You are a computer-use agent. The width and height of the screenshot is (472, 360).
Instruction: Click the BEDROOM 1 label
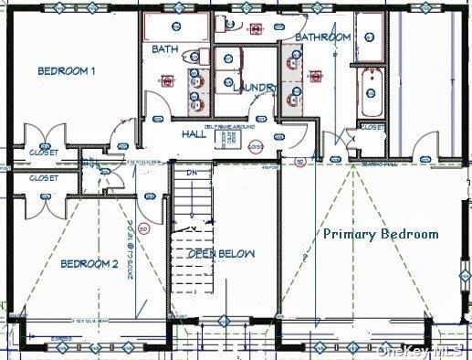click(68, 71)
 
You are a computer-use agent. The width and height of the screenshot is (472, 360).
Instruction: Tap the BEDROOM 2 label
click(89, 265)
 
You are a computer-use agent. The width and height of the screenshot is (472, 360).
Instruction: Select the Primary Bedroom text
click(381, 234)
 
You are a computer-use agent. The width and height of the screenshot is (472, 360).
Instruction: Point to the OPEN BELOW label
click(222, 253)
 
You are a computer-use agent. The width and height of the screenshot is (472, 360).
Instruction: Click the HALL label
click(194, 134)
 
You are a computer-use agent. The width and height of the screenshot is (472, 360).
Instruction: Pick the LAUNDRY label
click(255, 88)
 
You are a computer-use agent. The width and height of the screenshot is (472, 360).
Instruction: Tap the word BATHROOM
click(323, 37)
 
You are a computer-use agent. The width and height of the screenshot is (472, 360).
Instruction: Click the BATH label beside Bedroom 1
click(165, 48)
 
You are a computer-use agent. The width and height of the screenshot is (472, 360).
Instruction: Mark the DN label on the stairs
click(192, 173)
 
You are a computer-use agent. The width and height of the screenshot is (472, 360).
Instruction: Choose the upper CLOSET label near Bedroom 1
click(43, 152)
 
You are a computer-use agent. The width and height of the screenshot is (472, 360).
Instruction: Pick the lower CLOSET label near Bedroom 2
click(43, 178)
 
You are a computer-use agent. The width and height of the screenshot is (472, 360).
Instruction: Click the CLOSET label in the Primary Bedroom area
click(372, 129)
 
